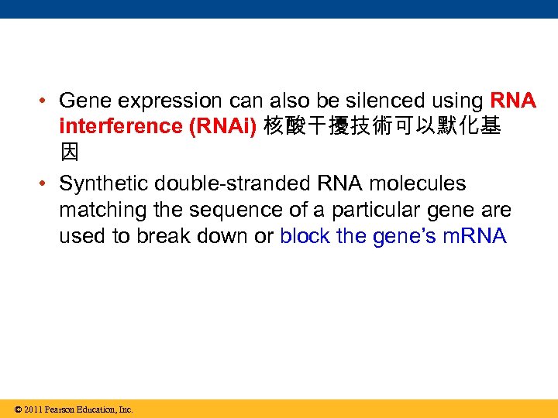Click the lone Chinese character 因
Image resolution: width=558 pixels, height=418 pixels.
coord(70,152)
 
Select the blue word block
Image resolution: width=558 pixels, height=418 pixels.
coord(305,236)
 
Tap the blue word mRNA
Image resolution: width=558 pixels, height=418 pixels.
coord(474,236)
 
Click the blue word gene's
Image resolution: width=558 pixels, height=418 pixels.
coord(405,236)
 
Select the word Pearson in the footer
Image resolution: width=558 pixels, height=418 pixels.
coord(64,409)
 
